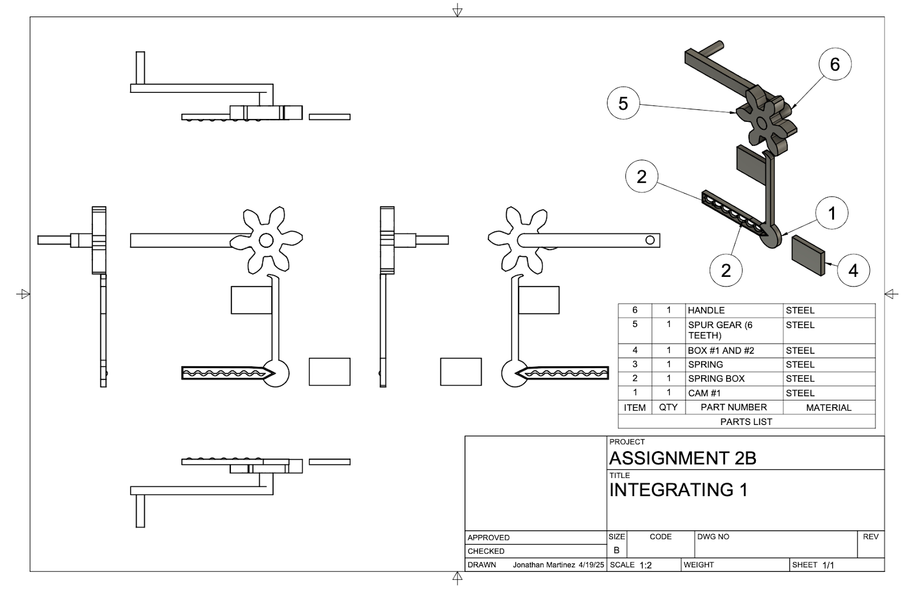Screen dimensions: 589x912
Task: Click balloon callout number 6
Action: pyautogui.click(x=834, y=64)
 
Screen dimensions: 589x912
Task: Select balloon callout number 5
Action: pyautogui.click(x=623, y=104)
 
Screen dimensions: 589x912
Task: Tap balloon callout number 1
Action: pyautogui.click(x=832, y=214)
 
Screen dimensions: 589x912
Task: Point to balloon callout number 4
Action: pyautogui.click(x=853, y=270)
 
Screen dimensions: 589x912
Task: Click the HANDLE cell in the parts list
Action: pyautogui.click(x=706, y=310)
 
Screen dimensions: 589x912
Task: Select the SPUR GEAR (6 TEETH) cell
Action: pyautogui.click(x=720, y=330)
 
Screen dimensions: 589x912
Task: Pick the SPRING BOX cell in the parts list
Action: pyautogui.click(x=716, y=379)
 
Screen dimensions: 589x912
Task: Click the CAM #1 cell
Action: pyautogui.click(x=705, y=393)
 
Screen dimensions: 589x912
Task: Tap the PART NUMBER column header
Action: pyautogui.click(x=734, y=407)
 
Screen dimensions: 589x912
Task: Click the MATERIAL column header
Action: pyautogui.click(x=828, y=408)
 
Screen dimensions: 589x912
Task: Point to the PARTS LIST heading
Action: pyautogui.click(x=746, y=422)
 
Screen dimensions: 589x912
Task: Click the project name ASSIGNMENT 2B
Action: pyautogui.click(x=682, y=458)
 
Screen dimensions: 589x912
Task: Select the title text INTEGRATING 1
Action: pyautogui.click(x=678, y=490)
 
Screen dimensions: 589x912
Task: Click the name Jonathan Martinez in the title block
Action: pyautogui.click(x=544, y=565)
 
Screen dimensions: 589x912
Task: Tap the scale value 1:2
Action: pyautogui.click(x=646, y=566)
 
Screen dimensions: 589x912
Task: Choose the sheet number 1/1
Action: pyautogui.click(x=828, y=566)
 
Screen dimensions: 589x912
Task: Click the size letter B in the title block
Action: pyautogui.click(x=616, y=551)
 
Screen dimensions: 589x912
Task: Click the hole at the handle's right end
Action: pyautogui.click(x=650, y=240)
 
